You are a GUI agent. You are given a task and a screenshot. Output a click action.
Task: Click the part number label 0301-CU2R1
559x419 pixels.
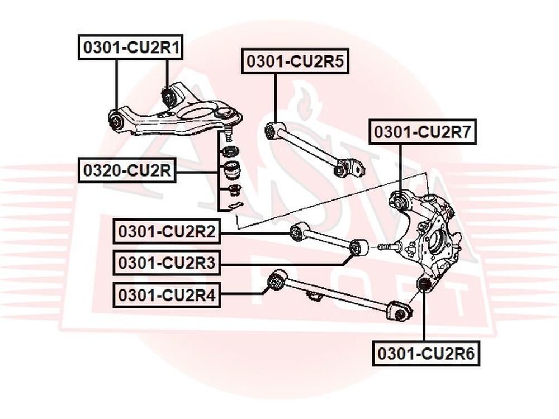[130, 47]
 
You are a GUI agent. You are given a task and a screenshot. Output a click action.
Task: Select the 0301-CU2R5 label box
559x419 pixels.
[295, 61]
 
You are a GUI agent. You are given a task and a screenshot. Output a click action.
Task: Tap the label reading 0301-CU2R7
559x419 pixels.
[423, 131]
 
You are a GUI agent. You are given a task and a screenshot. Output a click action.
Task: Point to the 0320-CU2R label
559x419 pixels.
[127, 170]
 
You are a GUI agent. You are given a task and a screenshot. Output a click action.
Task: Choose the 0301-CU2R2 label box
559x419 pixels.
[167, 232]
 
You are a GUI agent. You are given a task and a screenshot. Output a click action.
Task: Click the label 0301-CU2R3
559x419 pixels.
[167, 263]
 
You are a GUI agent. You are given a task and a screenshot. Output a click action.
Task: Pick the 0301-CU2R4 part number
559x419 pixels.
[167, 295]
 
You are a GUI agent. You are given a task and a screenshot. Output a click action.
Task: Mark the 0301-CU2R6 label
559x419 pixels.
[426, 354]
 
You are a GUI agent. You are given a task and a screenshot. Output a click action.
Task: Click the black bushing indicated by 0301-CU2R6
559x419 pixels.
[424, 284]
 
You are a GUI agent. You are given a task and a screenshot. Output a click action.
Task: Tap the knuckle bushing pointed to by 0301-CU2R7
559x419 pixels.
[400, 201]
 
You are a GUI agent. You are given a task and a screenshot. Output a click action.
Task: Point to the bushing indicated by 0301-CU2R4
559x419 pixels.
[277, 281]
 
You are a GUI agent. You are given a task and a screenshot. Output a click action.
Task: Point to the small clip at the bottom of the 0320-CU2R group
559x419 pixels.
[232, 206]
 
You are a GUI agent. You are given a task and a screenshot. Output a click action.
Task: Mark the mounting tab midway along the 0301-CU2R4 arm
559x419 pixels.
[314, 296]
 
